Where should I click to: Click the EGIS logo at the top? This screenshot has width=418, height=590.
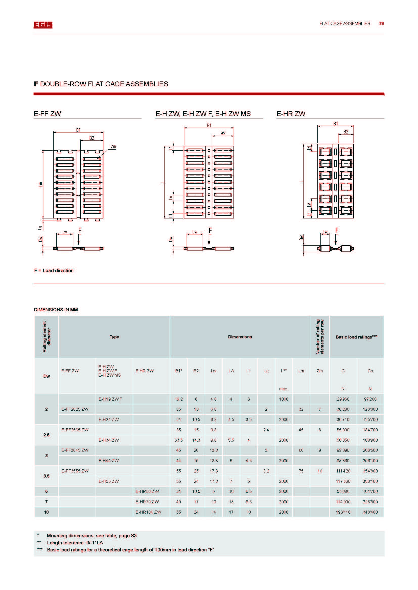pos(43,25)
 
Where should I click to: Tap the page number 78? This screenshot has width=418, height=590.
pos(381,23)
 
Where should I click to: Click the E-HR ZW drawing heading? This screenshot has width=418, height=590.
pos(291,114)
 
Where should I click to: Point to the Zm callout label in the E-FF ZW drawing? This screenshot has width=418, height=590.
pos(113,147)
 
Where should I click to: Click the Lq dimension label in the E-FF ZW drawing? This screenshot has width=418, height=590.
pos(40,228)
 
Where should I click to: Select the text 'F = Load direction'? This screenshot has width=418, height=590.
pos(54,271)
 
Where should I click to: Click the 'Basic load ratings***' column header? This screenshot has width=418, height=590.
pos(357,337)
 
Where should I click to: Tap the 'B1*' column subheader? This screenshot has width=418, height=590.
pos(179,371)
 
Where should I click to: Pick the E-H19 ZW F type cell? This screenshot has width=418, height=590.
pos(110,399)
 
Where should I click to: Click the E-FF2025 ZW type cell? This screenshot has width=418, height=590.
pos(75,409)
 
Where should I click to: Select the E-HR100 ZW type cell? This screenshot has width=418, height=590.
pos(148,512)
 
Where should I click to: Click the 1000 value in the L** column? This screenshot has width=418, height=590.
pos(283,399)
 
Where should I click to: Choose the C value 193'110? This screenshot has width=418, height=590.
pos(343,512)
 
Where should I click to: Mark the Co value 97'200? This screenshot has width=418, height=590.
pos(370,399)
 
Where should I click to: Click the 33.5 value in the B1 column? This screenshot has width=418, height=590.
pos(179,440)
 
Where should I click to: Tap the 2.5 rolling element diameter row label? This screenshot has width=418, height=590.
pos(46,435)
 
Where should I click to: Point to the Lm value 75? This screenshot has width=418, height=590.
pos(301,471)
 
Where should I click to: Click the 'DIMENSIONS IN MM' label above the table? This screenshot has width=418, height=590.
pos(56,310)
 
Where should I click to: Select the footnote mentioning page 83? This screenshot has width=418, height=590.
pos(92,536)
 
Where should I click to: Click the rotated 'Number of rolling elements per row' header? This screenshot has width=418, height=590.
pos(320,337)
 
